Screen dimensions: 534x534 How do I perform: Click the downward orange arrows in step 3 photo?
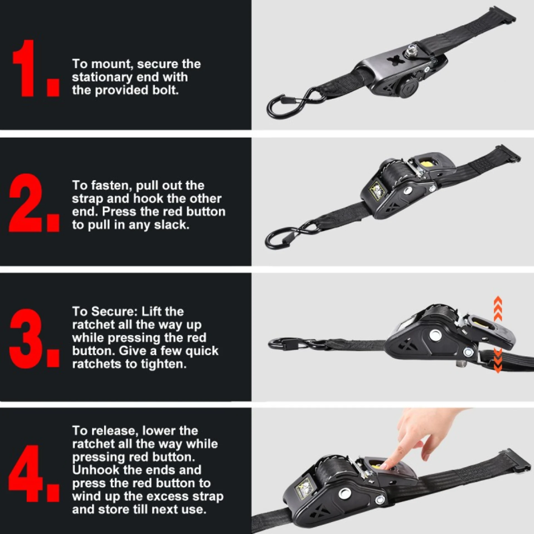tap(498, 362)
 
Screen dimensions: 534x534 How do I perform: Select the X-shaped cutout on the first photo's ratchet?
tap(395, 60)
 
